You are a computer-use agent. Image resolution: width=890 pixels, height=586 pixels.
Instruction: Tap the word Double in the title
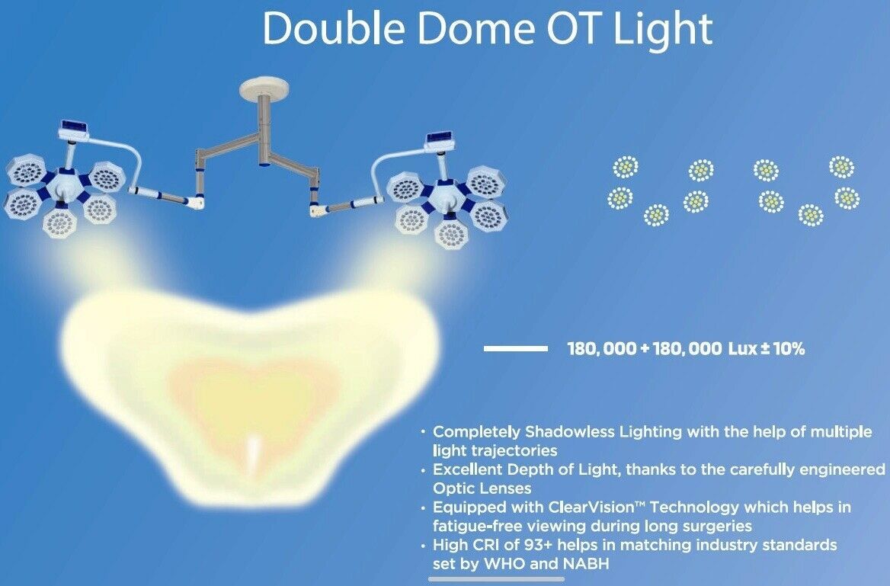(334, 28)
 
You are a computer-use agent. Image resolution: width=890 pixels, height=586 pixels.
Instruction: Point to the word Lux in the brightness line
(742, 348)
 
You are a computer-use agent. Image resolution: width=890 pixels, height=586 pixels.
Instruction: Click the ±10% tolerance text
(783, 348)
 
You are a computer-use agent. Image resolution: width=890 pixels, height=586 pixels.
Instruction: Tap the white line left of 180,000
(515, 348)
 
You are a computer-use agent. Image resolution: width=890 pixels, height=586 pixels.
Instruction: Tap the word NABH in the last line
(586, 564)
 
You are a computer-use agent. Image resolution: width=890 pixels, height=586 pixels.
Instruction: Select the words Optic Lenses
(482, 488)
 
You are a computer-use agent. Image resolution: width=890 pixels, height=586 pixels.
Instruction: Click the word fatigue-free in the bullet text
(477, 526)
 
